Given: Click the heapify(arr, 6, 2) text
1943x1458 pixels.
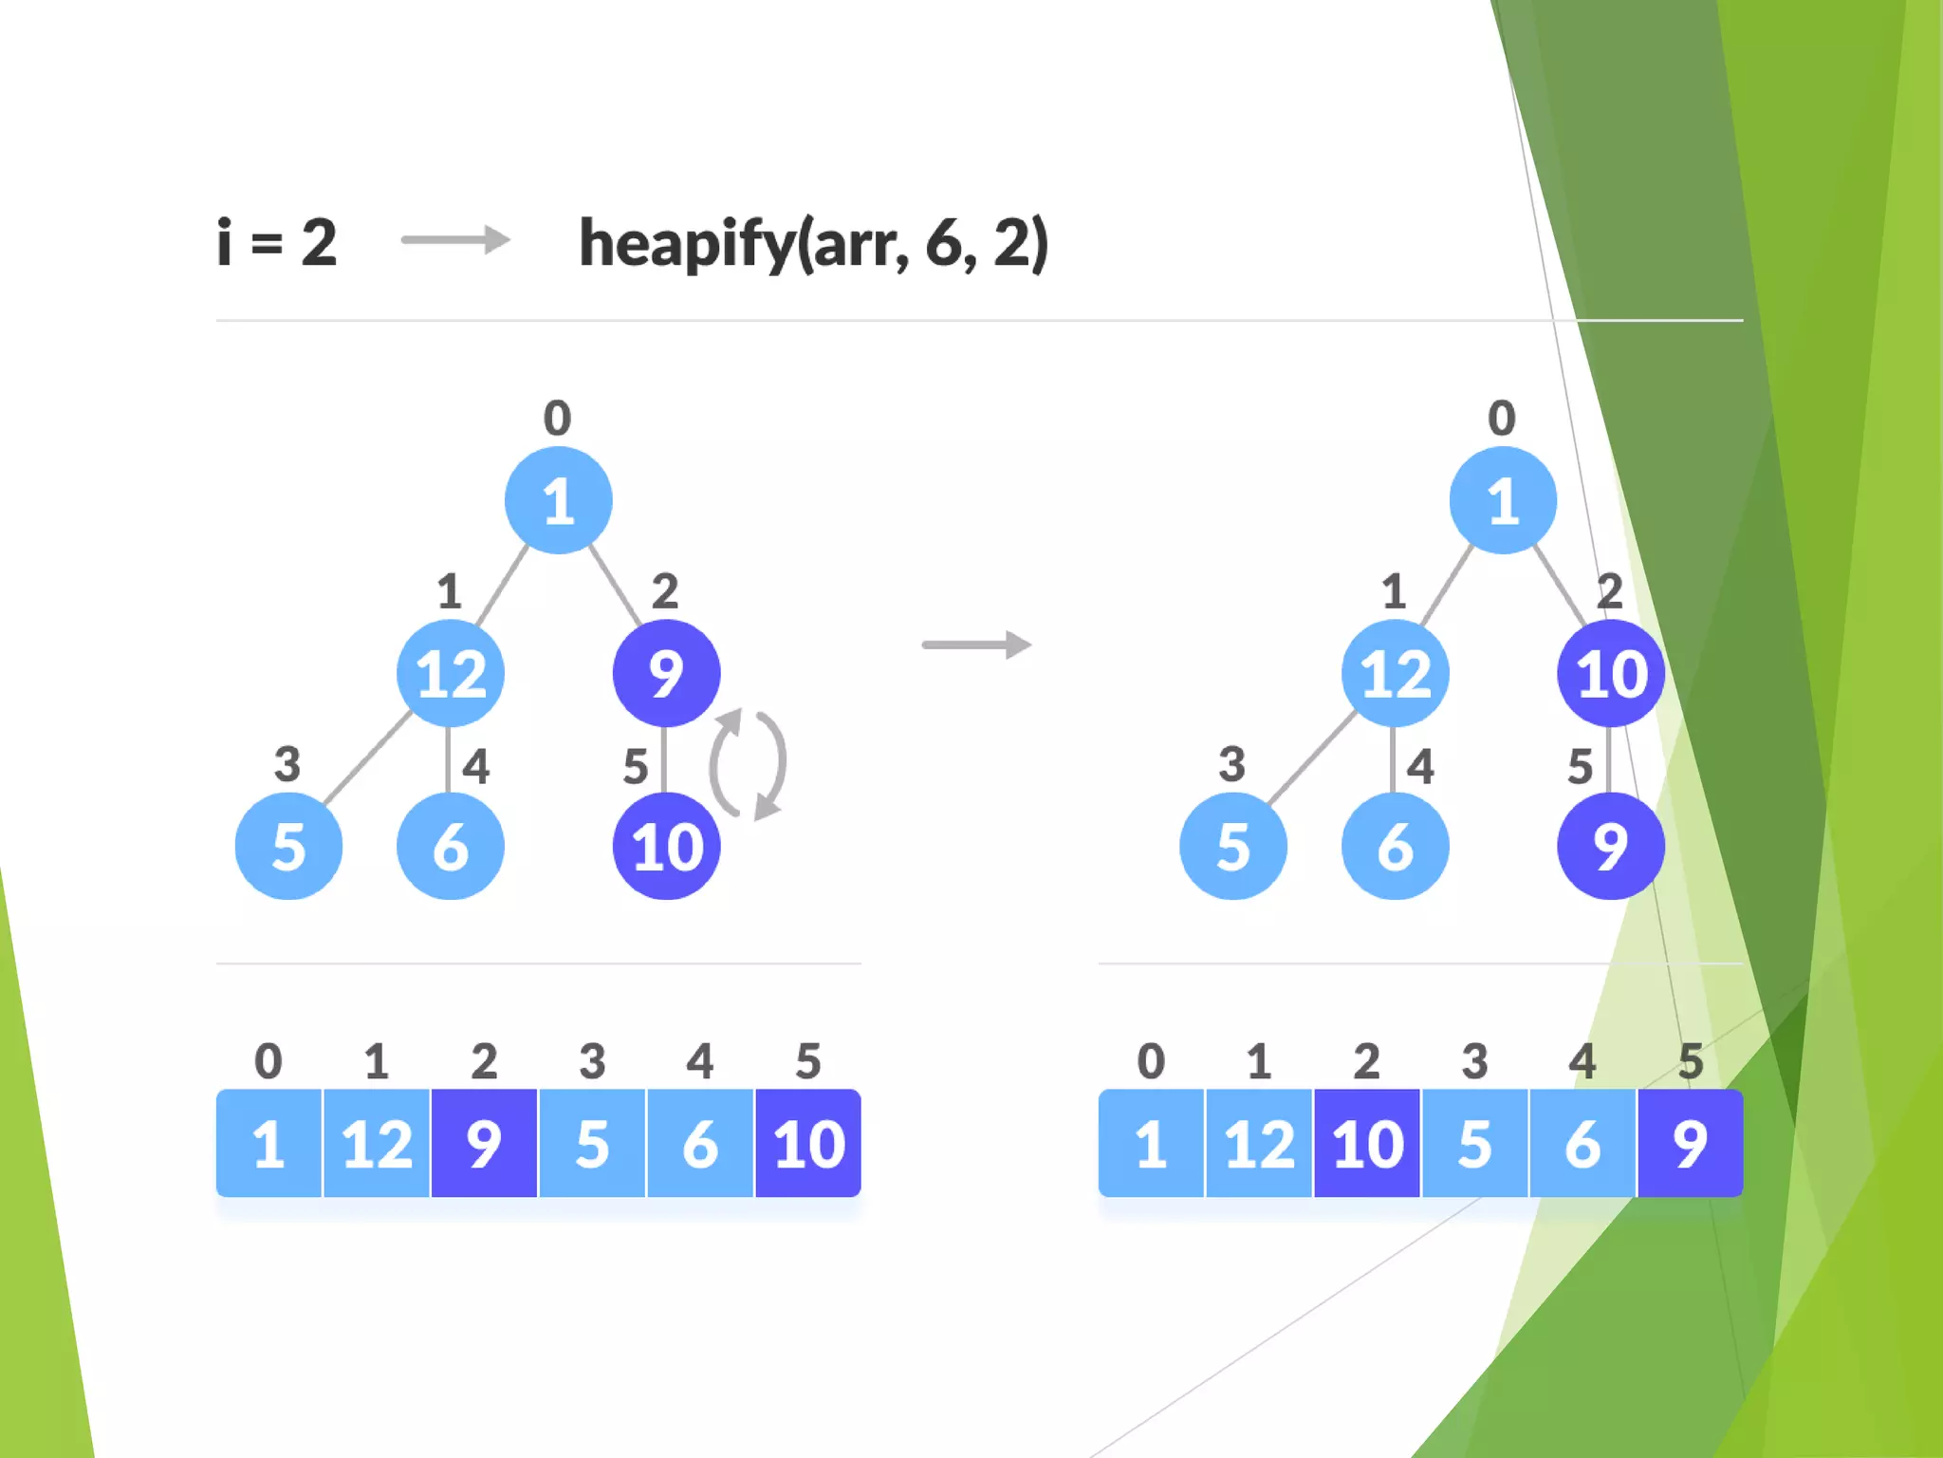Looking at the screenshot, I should pos(813,244).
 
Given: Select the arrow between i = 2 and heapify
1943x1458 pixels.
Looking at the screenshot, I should pos(455,240).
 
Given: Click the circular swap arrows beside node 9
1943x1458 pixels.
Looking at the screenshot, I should pos(749,763).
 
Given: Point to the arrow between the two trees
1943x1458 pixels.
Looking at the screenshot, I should pos(976,645).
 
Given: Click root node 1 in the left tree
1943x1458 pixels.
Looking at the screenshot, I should pos(558,500).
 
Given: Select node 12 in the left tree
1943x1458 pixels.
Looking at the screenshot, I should pos(451,674).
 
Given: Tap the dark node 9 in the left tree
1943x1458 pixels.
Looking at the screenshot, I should pos(666,674).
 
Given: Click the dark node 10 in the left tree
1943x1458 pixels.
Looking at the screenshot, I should pos(666,846).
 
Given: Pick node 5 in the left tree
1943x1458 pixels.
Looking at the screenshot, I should pos(288,846).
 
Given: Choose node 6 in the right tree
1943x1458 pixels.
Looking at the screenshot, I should pos(1395,846).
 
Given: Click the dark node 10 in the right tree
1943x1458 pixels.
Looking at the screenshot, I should pos(1611,674).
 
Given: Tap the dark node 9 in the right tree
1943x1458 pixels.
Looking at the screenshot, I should pos(1611,846).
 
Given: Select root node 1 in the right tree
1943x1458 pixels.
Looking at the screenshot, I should pos(1503,500).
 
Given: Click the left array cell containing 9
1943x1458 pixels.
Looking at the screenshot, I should pos(484,1143).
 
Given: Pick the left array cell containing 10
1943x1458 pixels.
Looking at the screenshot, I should pos(808,1143).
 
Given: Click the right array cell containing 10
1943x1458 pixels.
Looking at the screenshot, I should pos(1367,1143).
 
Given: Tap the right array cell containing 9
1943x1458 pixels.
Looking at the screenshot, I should pos(1690,1143).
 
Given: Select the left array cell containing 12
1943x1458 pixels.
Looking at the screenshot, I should pos(377,1143).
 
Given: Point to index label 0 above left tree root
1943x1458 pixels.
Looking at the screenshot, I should pos(557,418).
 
